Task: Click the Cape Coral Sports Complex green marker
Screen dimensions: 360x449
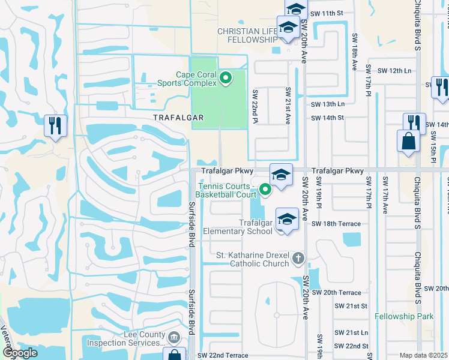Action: (226, 77)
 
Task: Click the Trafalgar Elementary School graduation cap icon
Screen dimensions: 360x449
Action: (287, 218)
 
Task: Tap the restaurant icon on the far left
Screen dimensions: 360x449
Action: (55, 126)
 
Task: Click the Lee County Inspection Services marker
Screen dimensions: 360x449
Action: (174, 338)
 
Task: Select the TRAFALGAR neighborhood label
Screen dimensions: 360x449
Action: (169, 118)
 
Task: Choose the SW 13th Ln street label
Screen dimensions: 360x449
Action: (328, 104)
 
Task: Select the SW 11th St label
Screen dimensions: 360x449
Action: (326, 13)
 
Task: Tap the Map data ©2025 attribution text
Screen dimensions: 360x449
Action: (424, 355)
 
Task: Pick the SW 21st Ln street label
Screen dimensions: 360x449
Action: (351, 332)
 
